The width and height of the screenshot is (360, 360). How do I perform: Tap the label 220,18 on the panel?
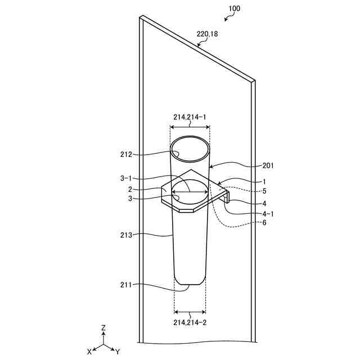pyautogui.click(x=207, y=34)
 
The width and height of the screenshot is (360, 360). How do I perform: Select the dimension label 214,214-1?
pyautogui.click(x=190, y=117)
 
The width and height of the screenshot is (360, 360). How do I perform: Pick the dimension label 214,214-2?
pyautogui.click(x=190, y=322)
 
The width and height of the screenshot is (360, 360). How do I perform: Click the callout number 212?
pyautogui.click(x=126, y=154)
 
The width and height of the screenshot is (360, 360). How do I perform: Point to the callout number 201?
pyautogui.click(x=269, y=165)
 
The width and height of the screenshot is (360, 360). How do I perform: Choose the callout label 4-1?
pyautogui.click(x=268, y=213)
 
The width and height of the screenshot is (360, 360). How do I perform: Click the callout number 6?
pyautogui.click(x=264, y=222)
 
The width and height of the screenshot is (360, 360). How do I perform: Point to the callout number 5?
pyautogui.click(x=264, y=191)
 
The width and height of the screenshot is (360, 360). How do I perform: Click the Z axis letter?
pyautogui.click(x=103, y=327)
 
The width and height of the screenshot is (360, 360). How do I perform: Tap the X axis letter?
pyautogui.click(x=89, y=351)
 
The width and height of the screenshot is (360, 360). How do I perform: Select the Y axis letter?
pyautogui.click(x=117, y=352)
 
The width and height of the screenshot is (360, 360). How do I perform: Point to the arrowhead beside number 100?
pyautogui.click(x=226, y=19)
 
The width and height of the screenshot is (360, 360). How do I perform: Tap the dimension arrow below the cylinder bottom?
pyautogui.click(x=190, y=311)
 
